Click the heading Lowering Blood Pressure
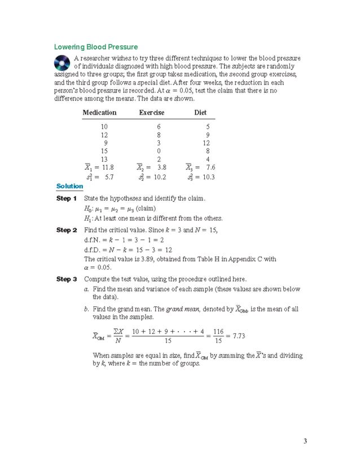pyautogui.click(x=95, y=47)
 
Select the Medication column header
pyautogui.click(x=99, y=113)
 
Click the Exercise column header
pyautogui.click(x=152, y=113)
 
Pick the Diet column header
pyautogui.click(x=200, y=113)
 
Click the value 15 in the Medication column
pyautogui.click(x=104, y=151)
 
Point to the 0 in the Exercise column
pyautogui.click(x=159, y=151)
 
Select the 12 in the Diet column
pyautogui.click(x=207, y=143)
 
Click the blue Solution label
pyautogui.click(x=69, y=186)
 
